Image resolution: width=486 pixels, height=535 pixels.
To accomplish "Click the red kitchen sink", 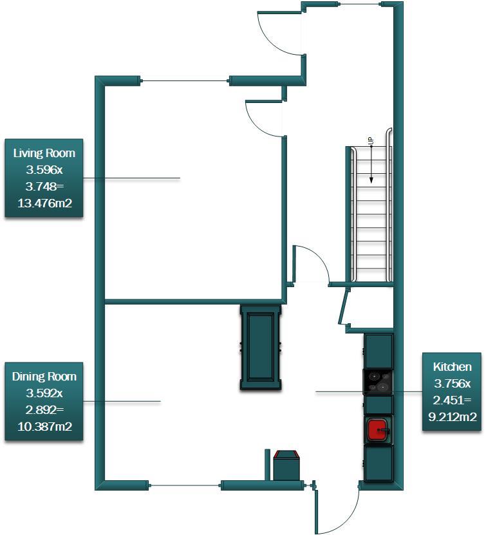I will pos(378,429).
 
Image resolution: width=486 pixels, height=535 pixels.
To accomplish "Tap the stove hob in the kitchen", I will pos(379,381).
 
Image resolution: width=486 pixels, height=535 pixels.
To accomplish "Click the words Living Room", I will pos(44,153).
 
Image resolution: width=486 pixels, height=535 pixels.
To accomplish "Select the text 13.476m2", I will pos(44,204).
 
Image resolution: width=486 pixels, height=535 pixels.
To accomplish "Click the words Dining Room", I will pos(44,377).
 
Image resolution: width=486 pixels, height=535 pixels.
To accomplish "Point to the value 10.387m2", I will pos(44,426).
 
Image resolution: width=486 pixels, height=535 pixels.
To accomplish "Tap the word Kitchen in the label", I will pos(452,367).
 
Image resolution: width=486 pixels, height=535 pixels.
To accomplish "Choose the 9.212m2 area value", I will pos(452,417).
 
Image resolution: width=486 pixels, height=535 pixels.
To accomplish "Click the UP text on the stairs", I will pos(371,140).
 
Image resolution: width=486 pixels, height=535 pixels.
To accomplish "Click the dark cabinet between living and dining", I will pos(261,348).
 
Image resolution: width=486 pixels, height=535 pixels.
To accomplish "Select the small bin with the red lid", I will pos(286,465).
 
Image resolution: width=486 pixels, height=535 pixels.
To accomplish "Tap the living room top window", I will pos(185,81).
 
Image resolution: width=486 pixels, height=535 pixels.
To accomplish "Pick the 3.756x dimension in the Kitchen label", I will pos(452,384).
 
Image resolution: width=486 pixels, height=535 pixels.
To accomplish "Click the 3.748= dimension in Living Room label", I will pos(44,187).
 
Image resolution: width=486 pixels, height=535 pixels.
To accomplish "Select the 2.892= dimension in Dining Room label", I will pos(44,409).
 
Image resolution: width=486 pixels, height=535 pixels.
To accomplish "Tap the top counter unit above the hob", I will pos(379,349).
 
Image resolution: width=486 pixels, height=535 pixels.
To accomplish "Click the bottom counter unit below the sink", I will pos(379,463).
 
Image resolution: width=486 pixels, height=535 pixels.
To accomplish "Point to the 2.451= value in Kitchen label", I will pos(452,400).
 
